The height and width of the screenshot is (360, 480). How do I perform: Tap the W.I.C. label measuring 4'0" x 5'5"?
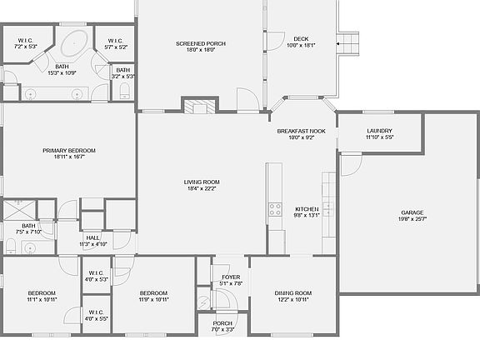coord(96,315)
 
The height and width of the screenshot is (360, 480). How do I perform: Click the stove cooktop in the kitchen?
coord(274,209)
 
